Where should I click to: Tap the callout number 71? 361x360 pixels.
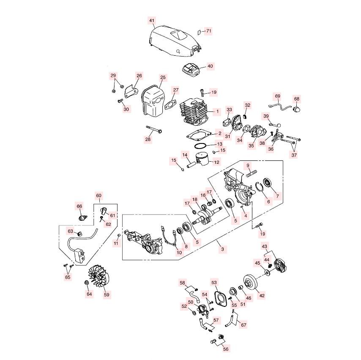point(208,31)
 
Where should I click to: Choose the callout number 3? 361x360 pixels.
point(222,249)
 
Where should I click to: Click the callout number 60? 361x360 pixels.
point(99,196)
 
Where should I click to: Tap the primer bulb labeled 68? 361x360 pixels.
point(297,108)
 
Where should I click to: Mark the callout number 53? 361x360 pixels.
point(214,282)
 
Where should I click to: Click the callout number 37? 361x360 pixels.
point(294,155)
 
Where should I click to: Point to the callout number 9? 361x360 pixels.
point(248,165)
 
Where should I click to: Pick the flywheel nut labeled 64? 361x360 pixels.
point(87,282)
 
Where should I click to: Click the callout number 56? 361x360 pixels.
point(226,349)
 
